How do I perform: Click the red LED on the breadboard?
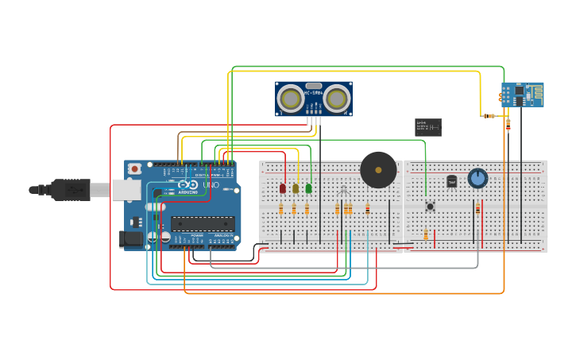coord(283,188)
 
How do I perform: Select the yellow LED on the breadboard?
coord(296,188)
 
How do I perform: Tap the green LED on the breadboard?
coord(308,188)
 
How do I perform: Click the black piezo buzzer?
coord(378,169)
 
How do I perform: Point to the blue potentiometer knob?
coord(477,178)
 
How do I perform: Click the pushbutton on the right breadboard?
coord(430,207)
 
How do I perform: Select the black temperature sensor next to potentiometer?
coord(452,181)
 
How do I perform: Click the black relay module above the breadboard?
coord(428,127)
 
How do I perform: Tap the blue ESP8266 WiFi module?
coord(523,95)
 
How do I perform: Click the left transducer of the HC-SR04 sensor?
coord(290,99)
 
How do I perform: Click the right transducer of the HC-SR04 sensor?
coord(337,99)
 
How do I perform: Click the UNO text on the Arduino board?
coord(211,185)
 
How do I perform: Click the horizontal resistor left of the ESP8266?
coord(489,116)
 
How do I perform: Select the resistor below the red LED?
coord(281,209)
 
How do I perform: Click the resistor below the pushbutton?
coord(426,234)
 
